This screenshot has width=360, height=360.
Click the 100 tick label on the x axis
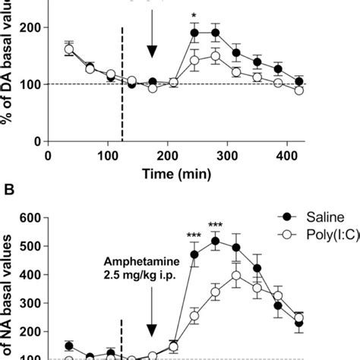coord(108,155)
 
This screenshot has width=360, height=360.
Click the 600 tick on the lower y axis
coord(30,218)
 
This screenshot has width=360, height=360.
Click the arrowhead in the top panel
coord(152,51)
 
